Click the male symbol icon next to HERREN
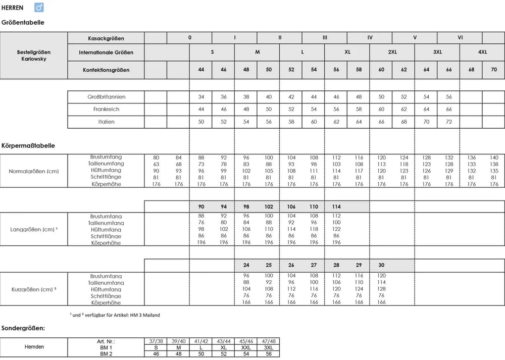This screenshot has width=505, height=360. coord(39,8)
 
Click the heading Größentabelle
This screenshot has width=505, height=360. coord(23,23)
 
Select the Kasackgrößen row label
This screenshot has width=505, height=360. coord(106,38)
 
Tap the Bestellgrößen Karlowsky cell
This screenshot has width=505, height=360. coord(34,56)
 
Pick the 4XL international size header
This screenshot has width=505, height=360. coord(482,52)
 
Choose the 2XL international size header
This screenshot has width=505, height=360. coord(392,52)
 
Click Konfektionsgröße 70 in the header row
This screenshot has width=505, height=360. coord(493,70)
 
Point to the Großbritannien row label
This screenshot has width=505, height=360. coord(106,96)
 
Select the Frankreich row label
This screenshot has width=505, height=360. coord(106,109)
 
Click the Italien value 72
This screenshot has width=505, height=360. coord(448,122)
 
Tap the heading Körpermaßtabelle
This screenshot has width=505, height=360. coord(28,145)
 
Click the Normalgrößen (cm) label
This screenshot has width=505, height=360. coord(34,171)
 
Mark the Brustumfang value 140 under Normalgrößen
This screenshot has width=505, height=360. coord(493,158)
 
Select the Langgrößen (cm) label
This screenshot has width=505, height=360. coord(34,230)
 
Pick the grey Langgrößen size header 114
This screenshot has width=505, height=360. coord(336,207)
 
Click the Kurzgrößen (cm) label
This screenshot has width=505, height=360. coord(34,290)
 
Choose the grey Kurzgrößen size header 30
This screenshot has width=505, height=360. coord(381,265)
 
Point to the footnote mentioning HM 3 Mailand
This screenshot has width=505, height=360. coord(115,315)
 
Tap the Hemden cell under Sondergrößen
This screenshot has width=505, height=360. coord(34,347)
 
